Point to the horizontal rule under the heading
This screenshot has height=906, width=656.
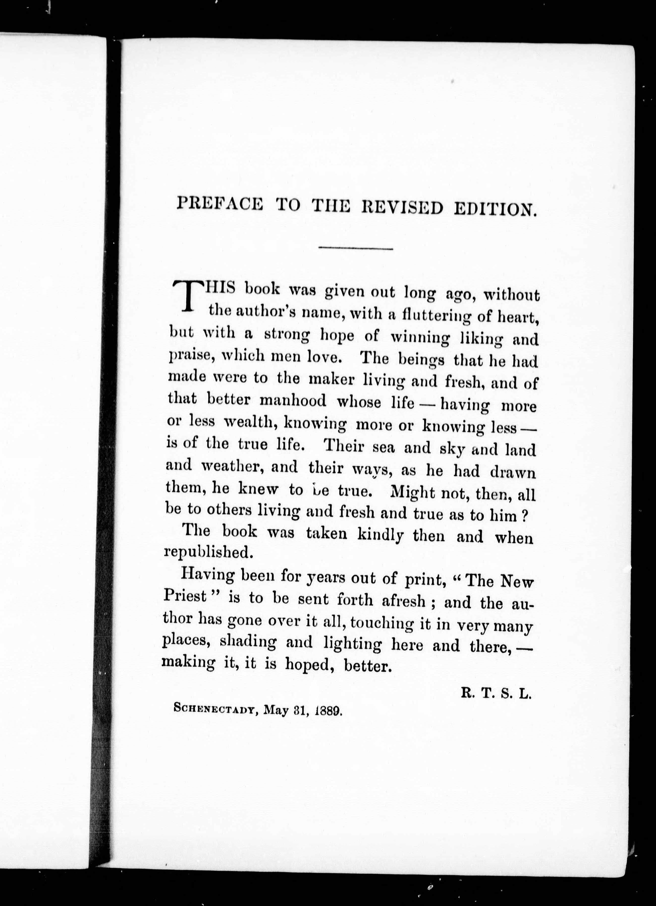tap(356, 248)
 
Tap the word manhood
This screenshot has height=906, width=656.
tap(293, 401)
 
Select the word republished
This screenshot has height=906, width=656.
tap(209, 552)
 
